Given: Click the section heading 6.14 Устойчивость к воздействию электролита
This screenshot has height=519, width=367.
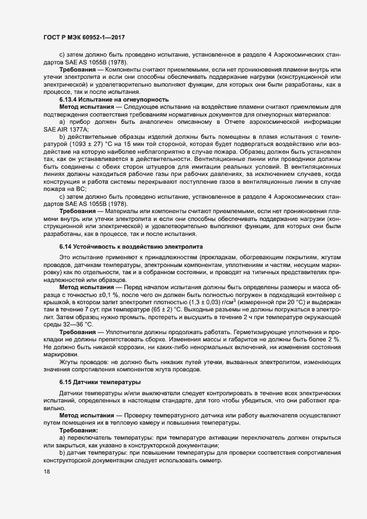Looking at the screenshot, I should [x=124, y=245].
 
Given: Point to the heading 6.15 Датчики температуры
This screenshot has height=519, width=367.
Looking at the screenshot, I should [x=99, y=382].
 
